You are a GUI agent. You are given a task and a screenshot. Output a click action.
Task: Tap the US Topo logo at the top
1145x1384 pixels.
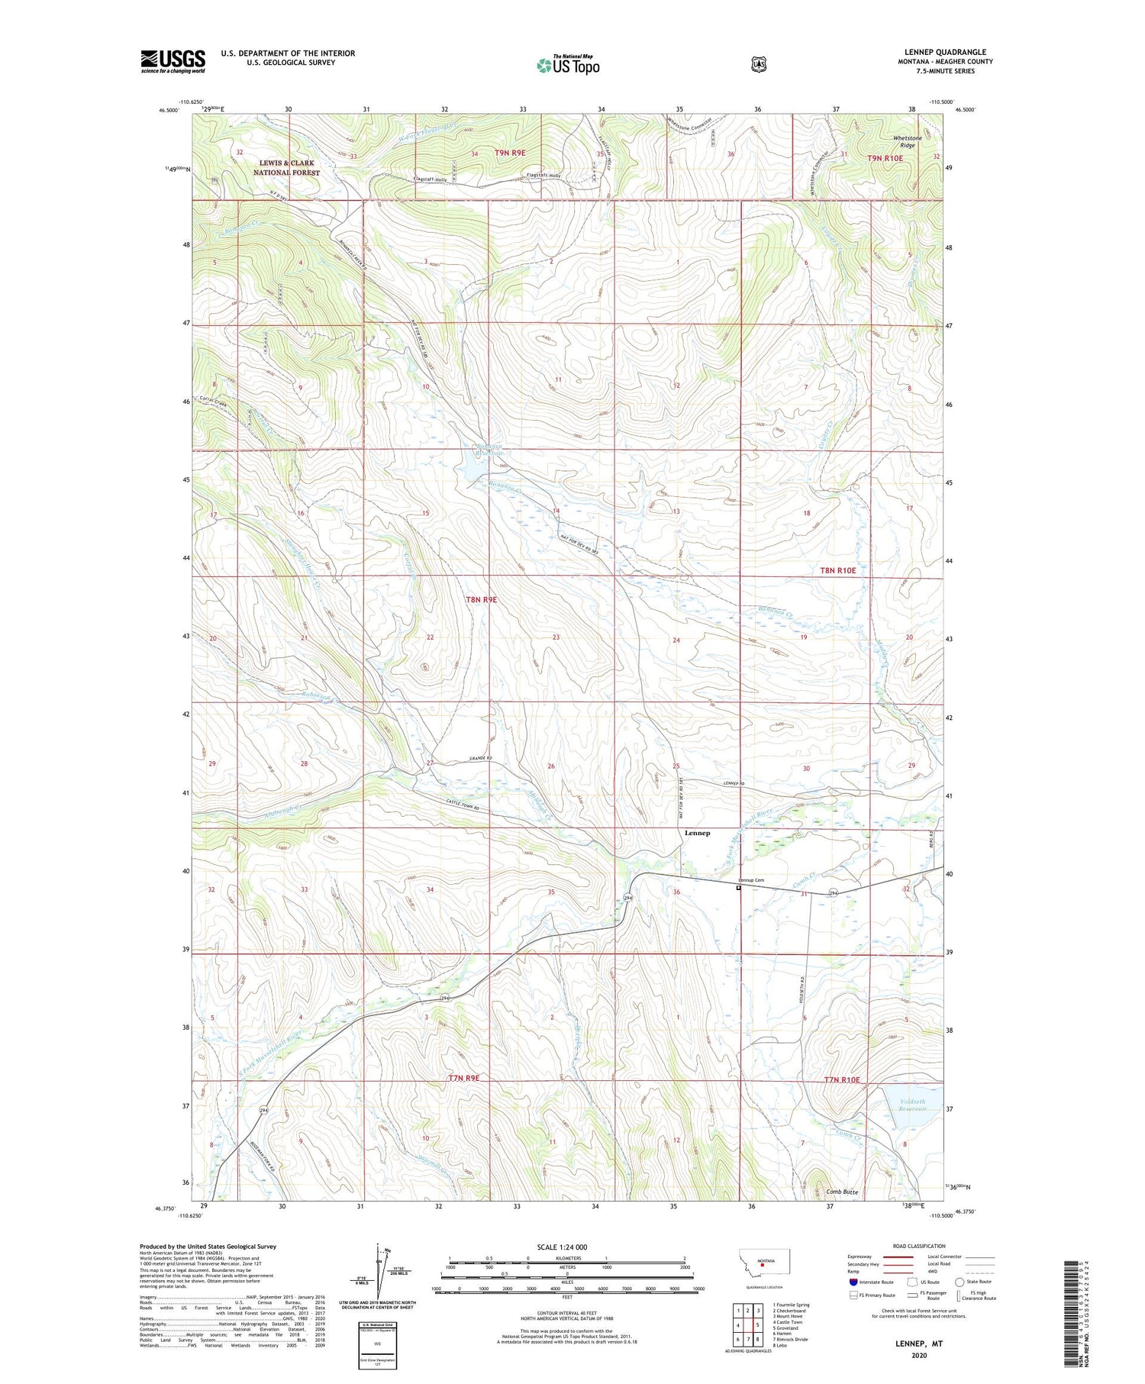568,65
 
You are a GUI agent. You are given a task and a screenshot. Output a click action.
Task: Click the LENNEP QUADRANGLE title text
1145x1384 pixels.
945,53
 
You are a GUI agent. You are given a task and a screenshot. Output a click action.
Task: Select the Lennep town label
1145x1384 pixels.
697,833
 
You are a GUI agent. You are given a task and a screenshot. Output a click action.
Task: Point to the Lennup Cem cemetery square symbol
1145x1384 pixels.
738,888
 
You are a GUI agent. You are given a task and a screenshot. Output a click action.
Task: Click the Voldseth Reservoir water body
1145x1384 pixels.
904,1108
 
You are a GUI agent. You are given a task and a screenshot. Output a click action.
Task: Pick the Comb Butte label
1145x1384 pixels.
842,1191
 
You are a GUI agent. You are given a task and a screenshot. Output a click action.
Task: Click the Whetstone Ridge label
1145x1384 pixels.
908,141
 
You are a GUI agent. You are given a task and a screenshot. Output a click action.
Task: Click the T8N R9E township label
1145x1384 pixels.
481,599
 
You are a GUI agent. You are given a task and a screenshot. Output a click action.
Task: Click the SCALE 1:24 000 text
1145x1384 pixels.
562,1247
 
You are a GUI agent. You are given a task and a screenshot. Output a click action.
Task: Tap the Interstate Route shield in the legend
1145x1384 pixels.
853,1282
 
